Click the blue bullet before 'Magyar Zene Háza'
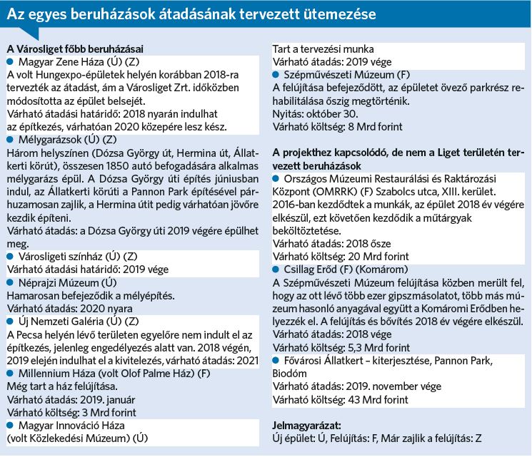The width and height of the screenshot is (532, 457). coord(10,62)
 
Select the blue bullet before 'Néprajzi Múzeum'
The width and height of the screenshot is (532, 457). coord(10,282)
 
